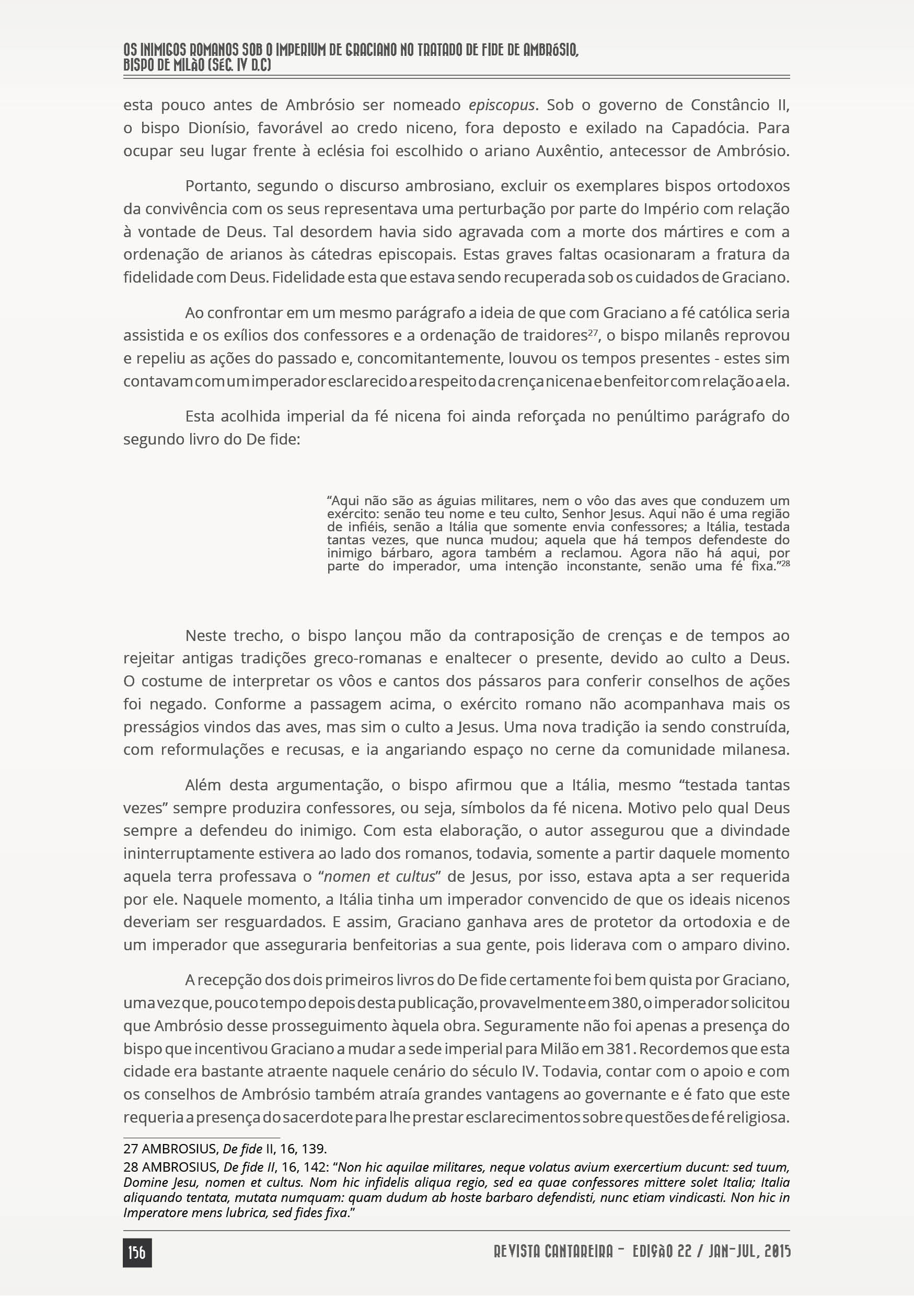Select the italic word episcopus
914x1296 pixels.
tap(501, 106)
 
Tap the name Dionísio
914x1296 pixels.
tap(223, 128)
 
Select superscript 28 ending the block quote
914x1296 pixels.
tap(785, 563)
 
